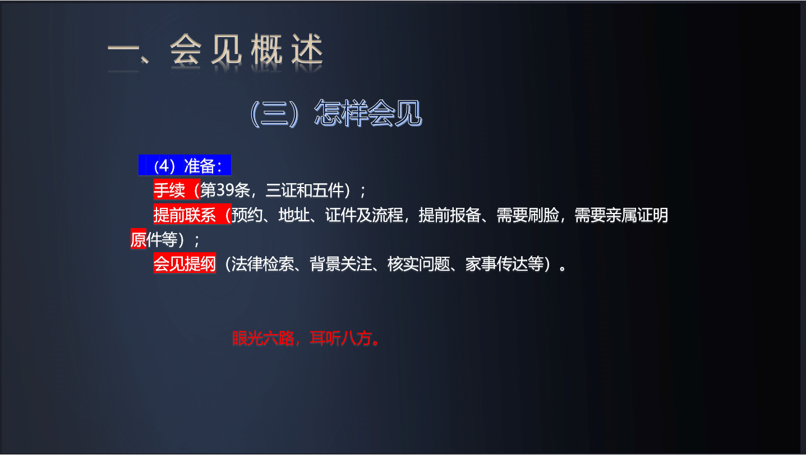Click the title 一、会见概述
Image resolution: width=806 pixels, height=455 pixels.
click(x=215, y=50)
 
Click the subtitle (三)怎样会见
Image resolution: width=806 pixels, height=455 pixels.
click(x=336, y=113)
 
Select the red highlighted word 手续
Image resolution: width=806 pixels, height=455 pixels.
click(x=169, y=190)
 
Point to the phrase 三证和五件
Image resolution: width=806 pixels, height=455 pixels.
click(x=305, y=190)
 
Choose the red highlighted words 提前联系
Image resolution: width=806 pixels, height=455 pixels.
click(x=185, y=215)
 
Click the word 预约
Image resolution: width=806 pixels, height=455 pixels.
click(x=247, y=215)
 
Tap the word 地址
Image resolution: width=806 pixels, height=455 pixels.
click(x=293, y=215)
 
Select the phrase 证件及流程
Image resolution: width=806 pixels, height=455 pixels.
click(x=364, y=215)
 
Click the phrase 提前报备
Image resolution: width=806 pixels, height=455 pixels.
click(x=450, y=215)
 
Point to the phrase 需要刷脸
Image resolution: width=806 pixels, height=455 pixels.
click(x=528, y=215)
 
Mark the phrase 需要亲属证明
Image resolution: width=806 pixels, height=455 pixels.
click(x=621, y=215)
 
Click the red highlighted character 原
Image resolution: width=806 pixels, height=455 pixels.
click(x=138, y=239)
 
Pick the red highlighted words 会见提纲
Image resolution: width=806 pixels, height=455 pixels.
click(x=185, y=263)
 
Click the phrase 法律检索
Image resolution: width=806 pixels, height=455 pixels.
click(x=262, y=263)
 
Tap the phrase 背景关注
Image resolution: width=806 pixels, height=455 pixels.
click(x=341, y=263)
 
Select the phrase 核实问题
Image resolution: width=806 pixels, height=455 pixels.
click(x=419, y=263)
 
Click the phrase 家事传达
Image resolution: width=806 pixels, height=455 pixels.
click(x=496, y=263)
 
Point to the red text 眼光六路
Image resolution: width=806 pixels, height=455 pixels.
click(x=262, y=338)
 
